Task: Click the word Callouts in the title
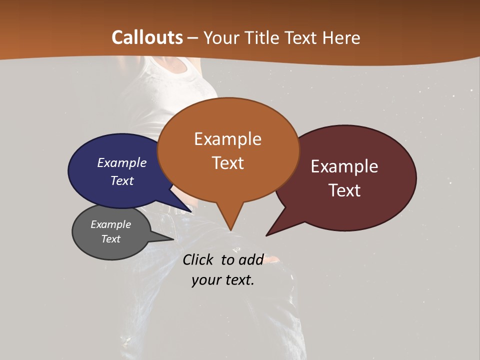tap(147, 37)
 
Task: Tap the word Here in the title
tap(341, 37)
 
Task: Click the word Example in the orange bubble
tap(227, 139)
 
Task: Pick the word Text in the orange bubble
tap(227, 163)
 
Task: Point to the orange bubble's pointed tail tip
tap(230, 230)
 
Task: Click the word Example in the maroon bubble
tap(344, 166)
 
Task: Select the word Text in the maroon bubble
tap(344, 190)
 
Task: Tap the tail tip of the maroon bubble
tap(266, 235)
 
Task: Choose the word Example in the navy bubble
tap(122, 162)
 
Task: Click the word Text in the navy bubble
tap(122, 180)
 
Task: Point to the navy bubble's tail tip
tap(191, 212)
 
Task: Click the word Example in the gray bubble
tap(110, 224)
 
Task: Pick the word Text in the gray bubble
tap(110, 239)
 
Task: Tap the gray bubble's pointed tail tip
tap(173, 239)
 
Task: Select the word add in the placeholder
tap(250, 259)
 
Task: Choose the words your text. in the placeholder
tap(223, 280)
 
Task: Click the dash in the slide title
tap(193, 38)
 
